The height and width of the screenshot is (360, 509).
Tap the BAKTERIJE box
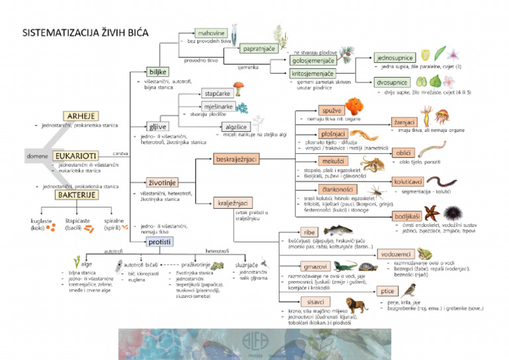tap(76, 195)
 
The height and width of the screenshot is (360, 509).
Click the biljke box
tap(158, 72)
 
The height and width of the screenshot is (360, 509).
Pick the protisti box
tap(160, 242)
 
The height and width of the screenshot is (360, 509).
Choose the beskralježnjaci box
tap(236, 159)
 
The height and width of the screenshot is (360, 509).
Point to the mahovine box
tap(211, 33)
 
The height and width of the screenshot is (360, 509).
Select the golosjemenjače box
tap(312, 62)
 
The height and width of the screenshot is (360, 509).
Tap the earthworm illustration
tap(441, 180)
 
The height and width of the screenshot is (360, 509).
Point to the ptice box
tap(387, 291)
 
